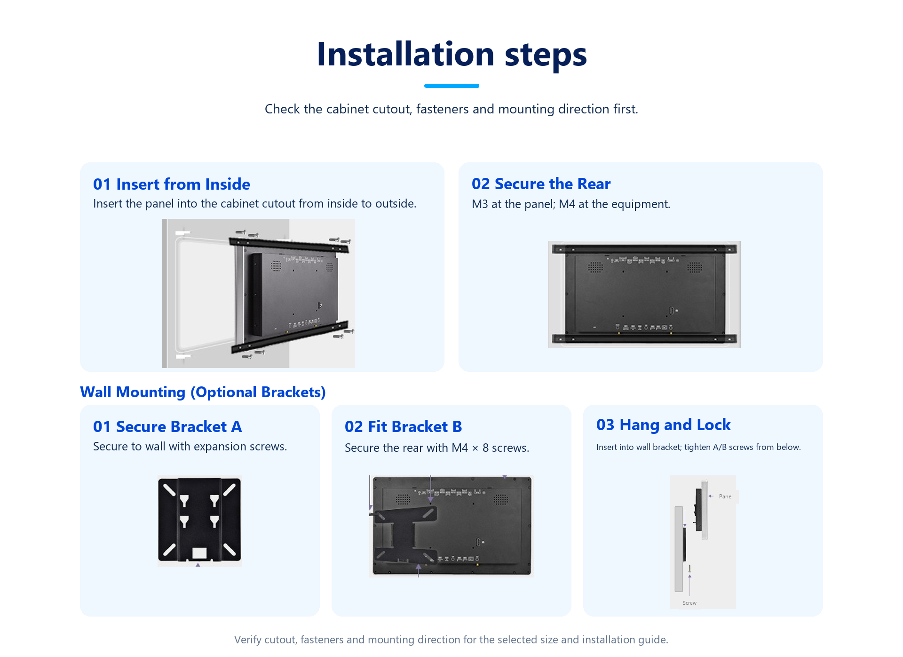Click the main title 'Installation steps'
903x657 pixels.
(x=451, y=55)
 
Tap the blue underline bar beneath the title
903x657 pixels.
(x=451, y=86)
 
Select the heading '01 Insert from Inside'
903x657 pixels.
(x=172, y=184)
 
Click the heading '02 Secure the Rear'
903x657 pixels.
(x=541, y=184)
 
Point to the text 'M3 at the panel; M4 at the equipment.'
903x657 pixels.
(x=571, y=204)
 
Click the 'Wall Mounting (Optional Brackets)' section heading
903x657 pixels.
(x=203, y=392)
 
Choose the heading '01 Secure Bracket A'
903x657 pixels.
(x=167, y=426)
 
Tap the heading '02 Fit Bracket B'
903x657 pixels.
(x=403, y=426)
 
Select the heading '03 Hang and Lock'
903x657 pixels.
(x=663, y=425)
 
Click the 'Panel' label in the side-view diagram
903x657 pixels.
(x=726, y=497)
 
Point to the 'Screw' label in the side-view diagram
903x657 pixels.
(x=689, y=603)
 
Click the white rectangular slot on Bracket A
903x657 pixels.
(x=199, y=553)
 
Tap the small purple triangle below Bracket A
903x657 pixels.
(x=198, y=565)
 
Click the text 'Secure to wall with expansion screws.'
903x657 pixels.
(x=190, y=446)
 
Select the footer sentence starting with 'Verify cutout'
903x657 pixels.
(x=451, y=640)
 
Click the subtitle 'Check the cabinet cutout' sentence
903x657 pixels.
(x=451, y=109)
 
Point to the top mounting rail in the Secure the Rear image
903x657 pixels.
(x=644, y=249)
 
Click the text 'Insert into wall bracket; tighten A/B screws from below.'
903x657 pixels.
(x=698, y=447)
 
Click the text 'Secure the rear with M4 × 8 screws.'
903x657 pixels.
(x=437, y=448)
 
